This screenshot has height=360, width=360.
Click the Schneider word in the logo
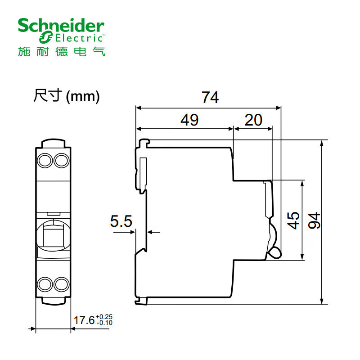tap(61, 26)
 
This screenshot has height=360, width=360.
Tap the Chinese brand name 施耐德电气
tap(62, 51)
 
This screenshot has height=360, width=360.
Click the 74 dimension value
tap(210, 97)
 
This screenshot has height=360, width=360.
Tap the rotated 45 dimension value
tap(293, 220)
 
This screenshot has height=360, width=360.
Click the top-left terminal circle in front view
tap(45, 160)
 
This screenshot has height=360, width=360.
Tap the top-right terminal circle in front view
tap(61, 160)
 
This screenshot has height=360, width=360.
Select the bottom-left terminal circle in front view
tap(45, 284)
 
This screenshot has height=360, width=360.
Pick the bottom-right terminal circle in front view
tap(61, 284)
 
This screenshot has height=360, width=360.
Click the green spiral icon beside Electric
tap(46, 37)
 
